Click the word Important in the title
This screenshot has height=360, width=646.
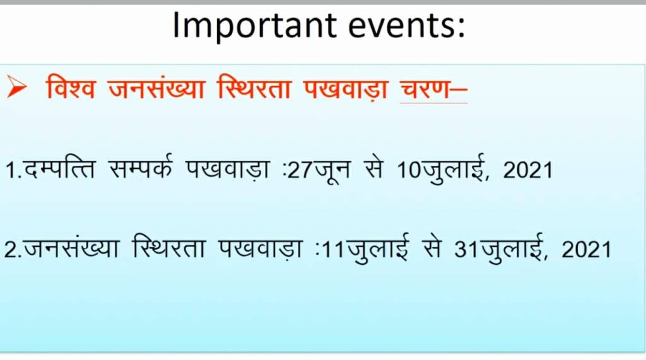click(254, 26)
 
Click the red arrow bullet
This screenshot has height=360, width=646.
click(16, 88)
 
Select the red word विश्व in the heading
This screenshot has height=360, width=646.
click(71, 88)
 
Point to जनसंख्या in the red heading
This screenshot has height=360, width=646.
click(156, 88)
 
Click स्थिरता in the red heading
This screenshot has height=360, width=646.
click(254, 87)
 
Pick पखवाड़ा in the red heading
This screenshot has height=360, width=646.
click(345, 88)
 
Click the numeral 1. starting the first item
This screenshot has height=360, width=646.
click(14, 170)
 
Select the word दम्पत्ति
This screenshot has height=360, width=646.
click(59, 167)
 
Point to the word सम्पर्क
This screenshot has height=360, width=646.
click(140, 168)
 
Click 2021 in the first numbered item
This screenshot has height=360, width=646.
click(527, 170)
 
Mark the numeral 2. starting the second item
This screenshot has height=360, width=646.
click(13, 249)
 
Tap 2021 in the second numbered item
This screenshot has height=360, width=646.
click(586, 250)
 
